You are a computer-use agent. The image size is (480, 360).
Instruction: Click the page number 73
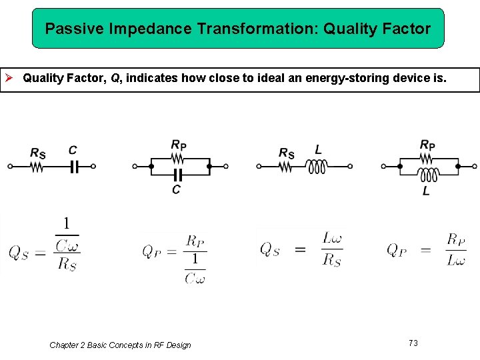coord(413,343)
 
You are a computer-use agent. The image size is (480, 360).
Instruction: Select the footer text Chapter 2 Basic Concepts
coord(120,345)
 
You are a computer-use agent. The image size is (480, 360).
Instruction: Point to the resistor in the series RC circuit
coord(37,167)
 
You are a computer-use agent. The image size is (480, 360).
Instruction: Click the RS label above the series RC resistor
coord(38,153)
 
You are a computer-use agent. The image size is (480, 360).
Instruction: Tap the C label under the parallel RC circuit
coord(176,190)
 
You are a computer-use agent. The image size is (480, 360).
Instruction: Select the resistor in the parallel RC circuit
coord(178,159)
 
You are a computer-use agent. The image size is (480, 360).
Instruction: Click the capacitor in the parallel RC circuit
coord(177,175)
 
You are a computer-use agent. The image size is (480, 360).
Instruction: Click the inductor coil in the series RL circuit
coord(317,167)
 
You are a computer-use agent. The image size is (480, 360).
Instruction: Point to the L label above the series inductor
coord(318,150)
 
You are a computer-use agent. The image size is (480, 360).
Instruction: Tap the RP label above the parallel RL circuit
coord(427,145)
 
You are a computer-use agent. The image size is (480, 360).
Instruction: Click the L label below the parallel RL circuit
coord(426,191)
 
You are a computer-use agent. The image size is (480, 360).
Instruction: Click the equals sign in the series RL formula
coord(300,250)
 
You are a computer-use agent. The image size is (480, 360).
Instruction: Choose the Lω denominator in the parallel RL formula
coord(456,261)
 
